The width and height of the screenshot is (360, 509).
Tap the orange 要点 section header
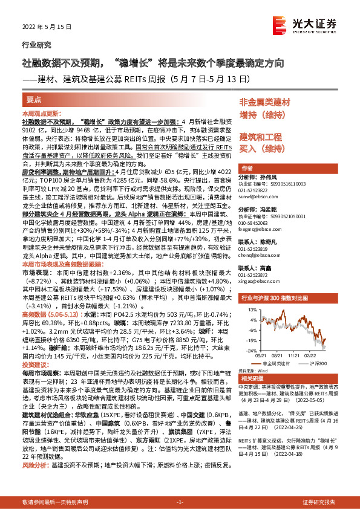(x=34, y=100)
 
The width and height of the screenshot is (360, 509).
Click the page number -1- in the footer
(x=179, y=502)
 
